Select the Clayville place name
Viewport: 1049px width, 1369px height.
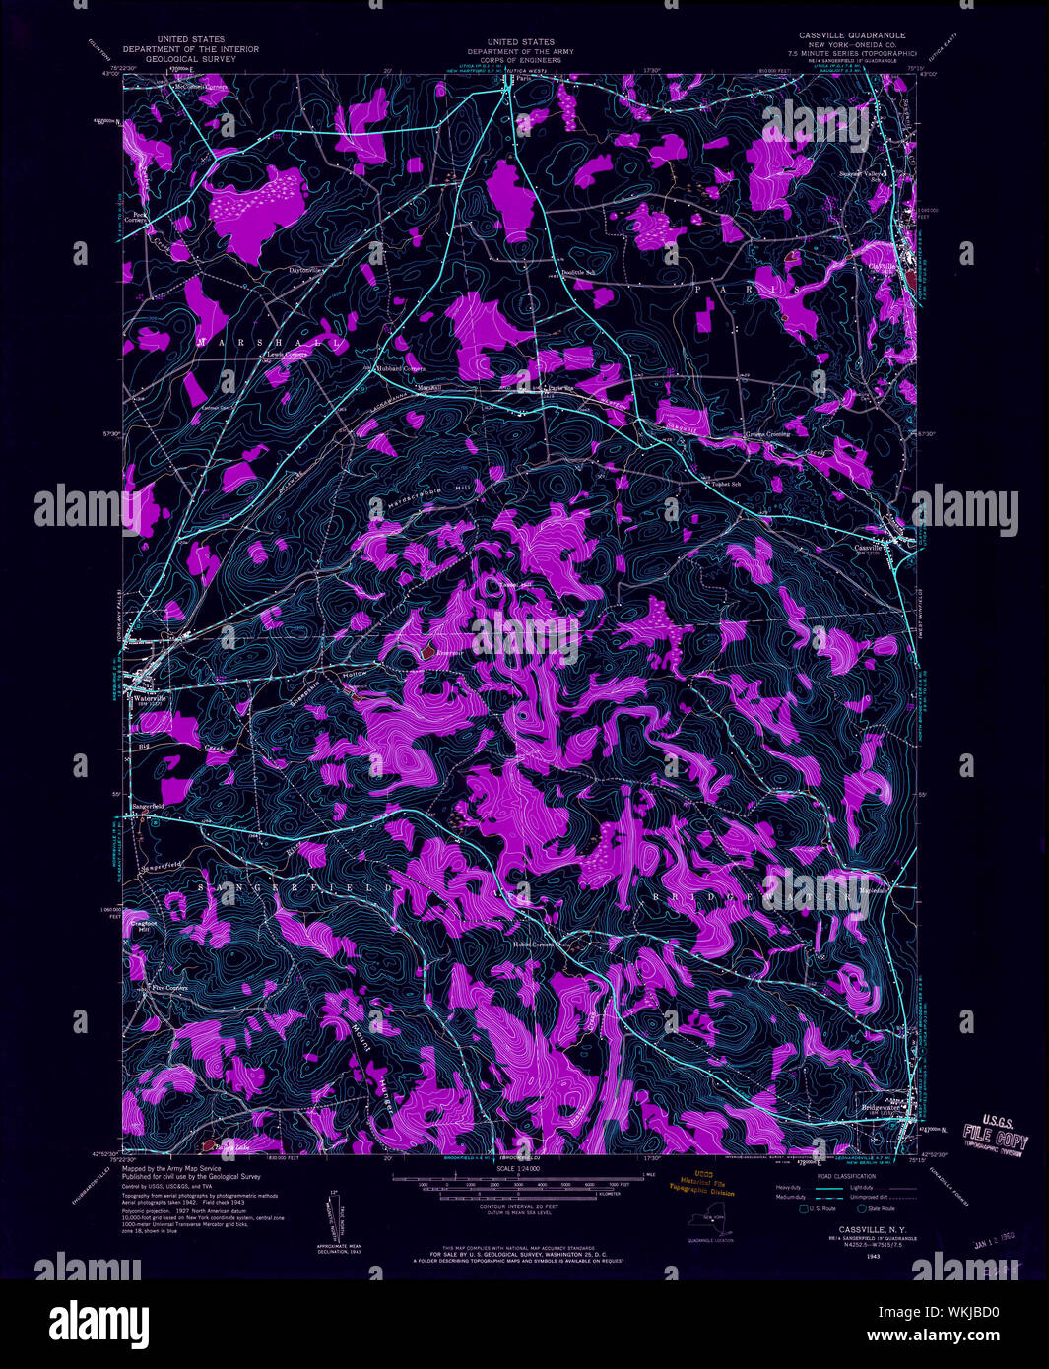coord(884,266)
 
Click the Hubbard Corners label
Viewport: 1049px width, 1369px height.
coord(400,368)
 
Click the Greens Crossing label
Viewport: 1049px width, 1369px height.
coord(768,434)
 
